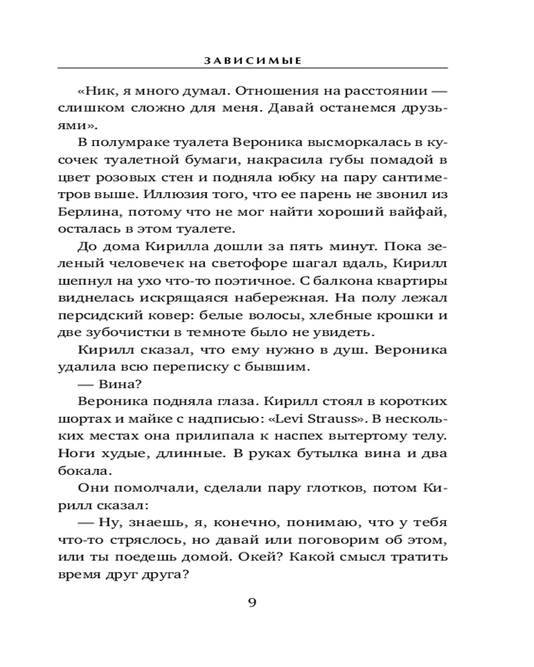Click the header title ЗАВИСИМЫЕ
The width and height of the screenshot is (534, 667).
(252, 60)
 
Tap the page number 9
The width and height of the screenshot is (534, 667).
(252, 603)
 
